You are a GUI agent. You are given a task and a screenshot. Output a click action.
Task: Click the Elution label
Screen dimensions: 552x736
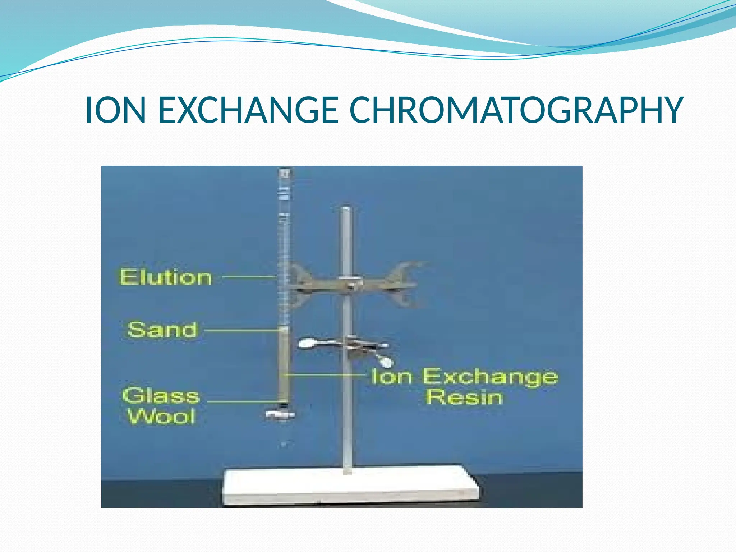pos(166,277)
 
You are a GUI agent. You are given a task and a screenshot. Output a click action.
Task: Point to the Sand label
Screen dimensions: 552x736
pos(162,330)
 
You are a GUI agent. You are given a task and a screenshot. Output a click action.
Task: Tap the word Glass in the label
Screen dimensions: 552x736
pos(161,395)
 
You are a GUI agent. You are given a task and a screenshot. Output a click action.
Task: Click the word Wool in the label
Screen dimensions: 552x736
pos(161,417)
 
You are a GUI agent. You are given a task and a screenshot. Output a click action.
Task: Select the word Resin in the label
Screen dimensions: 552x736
pos(464,397)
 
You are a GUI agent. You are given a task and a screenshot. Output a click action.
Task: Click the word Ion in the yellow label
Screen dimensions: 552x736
pos(391,377)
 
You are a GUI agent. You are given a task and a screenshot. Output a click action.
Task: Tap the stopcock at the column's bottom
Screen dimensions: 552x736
pos(281,414)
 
